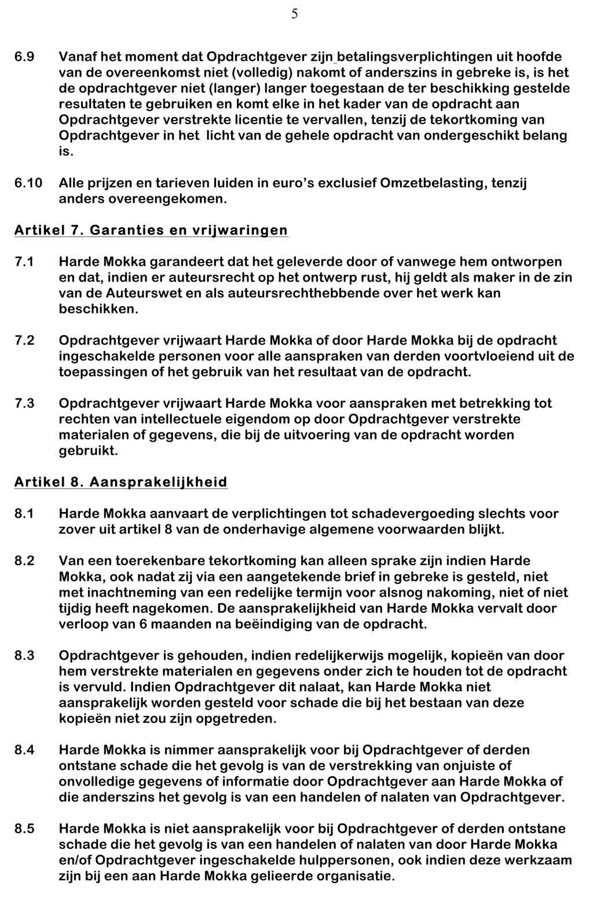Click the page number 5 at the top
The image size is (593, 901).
(295, 14)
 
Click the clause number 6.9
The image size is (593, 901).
(24, 57)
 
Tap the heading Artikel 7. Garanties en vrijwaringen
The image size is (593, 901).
(151, 230)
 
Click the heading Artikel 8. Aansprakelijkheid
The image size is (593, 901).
(121, 482)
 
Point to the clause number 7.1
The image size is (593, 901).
(24, 261)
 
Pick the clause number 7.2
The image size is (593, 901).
(24, 340)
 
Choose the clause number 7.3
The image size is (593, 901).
(24, 403)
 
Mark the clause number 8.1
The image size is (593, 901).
(24, 513)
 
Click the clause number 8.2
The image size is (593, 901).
(24, 561)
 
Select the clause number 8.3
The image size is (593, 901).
(24, 656)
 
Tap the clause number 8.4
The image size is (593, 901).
(24, 750)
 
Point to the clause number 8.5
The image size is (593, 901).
(24, 829)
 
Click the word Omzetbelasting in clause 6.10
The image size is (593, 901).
(433, 183)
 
